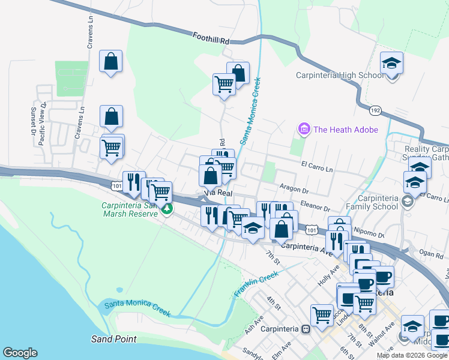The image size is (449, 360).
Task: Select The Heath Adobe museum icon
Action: click(x=304, y=129)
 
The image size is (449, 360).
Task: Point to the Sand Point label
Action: click(x=113, y=339)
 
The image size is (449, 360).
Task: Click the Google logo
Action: click(x=20, y=353)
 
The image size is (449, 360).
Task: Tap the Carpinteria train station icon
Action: click(x=305, y=329)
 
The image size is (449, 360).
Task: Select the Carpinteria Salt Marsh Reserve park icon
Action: click(x=167, y=209)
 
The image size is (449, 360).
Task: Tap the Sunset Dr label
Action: click(x=33, y=121)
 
